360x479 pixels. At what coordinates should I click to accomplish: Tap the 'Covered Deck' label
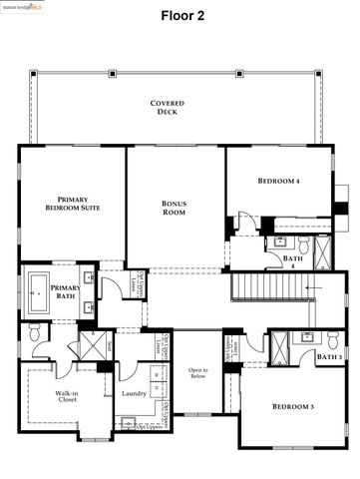pyautogui.click(x=168, y=108)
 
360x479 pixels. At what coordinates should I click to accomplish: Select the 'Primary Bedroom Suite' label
pyautogui.click(x=73, y=204)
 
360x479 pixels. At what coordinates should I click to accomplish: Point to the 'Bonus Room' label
pyautogui.click(x=175, y=208)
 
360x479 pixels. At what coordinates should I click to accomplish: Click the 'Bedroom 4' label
pyautogui.click(x=279, y=181)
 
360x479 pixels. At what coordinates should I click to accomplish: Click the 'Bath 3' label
pyautogui.click(x=330, y=357)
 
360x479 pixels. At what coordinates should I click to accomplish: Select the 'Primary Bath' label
pyautogui.click(x=66, y=291)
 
